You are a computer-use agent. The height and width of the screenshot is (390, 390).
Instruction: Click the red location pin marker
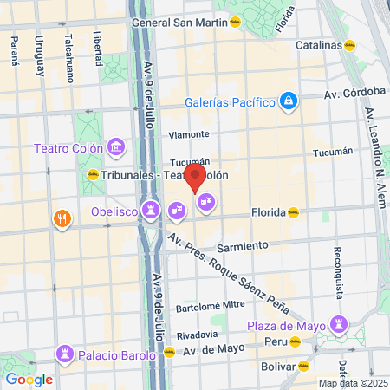pos(196,179)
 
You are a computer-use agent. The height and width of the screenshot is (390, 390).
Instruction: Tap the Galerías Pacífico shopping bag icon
pos(288,102)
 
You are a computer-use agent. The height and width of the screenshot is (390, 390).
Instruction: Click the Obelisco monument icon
pos(152,210)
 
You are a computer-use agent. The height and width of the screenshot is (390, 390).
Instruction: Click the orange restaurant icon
pos(61,217)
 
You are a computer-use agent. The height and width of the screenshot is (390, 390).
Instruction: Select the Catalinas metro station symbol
pos(349,45)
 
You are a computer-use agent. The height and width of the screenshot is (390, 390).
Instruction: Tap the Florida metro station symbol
pos(294,211)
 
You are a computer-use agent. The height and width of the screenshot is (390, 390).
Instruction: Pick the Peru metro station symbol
pos(296,342)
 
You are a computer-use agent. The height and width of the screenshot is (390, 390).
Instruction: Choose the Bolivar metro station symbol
pos(303,366)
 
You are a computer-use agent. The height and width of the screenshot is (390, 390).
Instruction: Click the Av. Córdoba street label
pos(354,91)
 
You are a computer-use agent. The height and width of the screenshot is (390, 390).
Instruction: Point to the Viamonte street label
pos(188,134)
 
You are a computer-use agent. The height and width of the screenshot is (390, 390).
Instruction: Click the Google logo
pos(29,379)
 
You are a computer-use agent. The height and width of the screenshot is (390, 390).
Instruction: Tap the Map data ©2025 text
pos(352,383)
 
